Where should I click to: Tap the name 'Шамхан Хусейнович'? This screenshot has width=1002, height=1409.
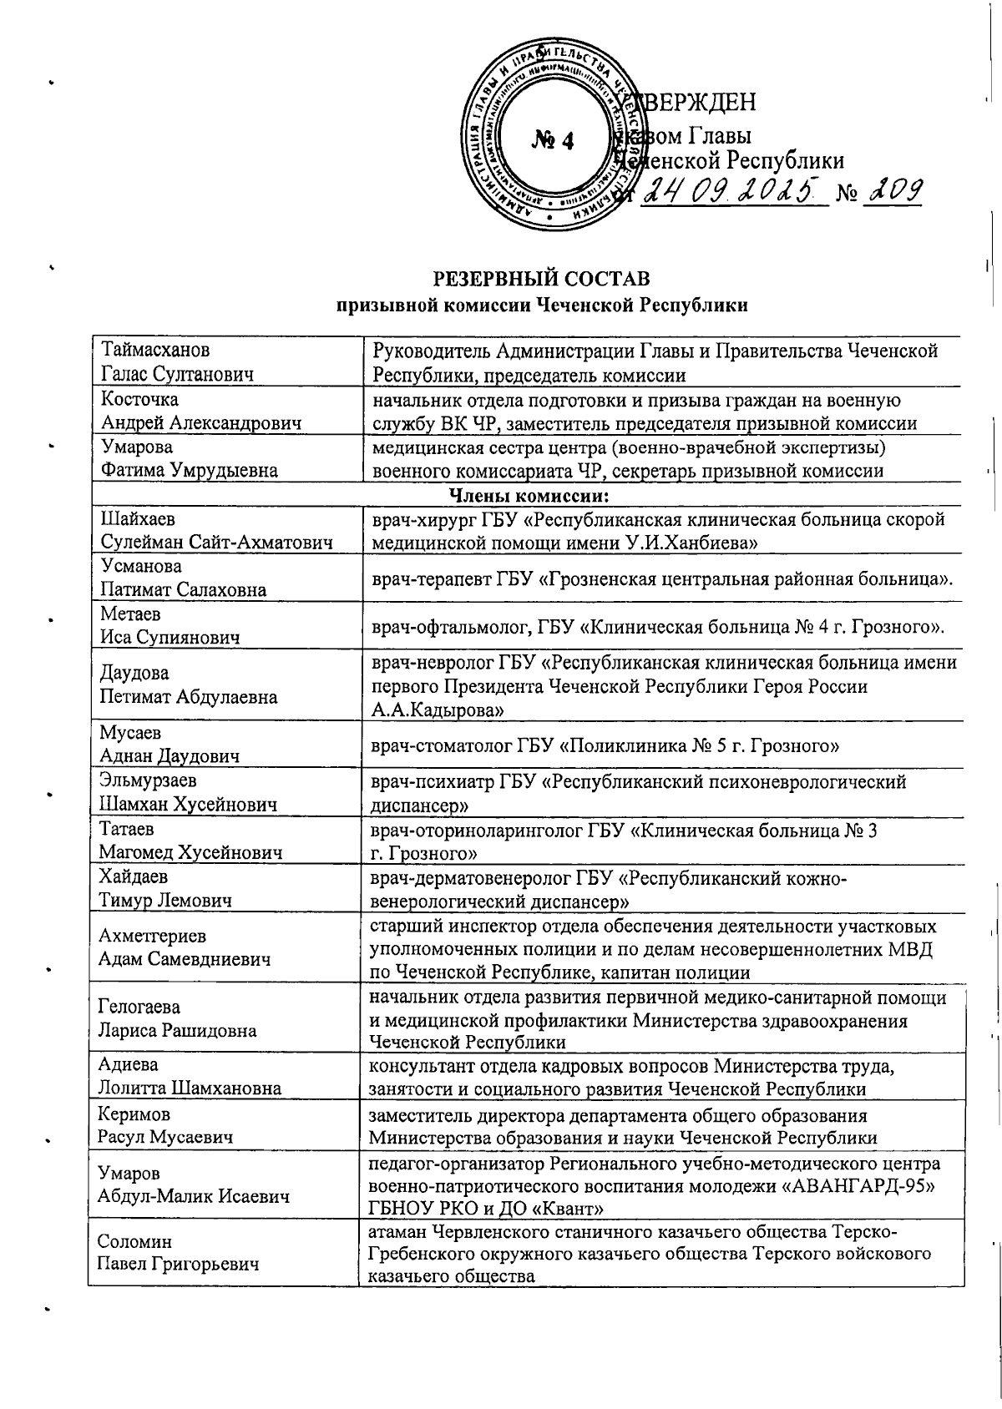pyautogui.click(x=189, y=805)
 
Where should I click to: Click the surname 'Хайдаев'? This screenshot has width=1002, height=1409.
pyautogui.click(x=134, y=877)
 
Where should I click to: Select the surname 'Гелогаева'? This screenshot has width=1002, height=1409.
pyautogui.click(x=139, y=1007)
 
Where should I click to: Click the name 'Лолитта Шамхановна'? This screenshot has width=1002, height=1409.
pyautogui.click(x=190, y=1088)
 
